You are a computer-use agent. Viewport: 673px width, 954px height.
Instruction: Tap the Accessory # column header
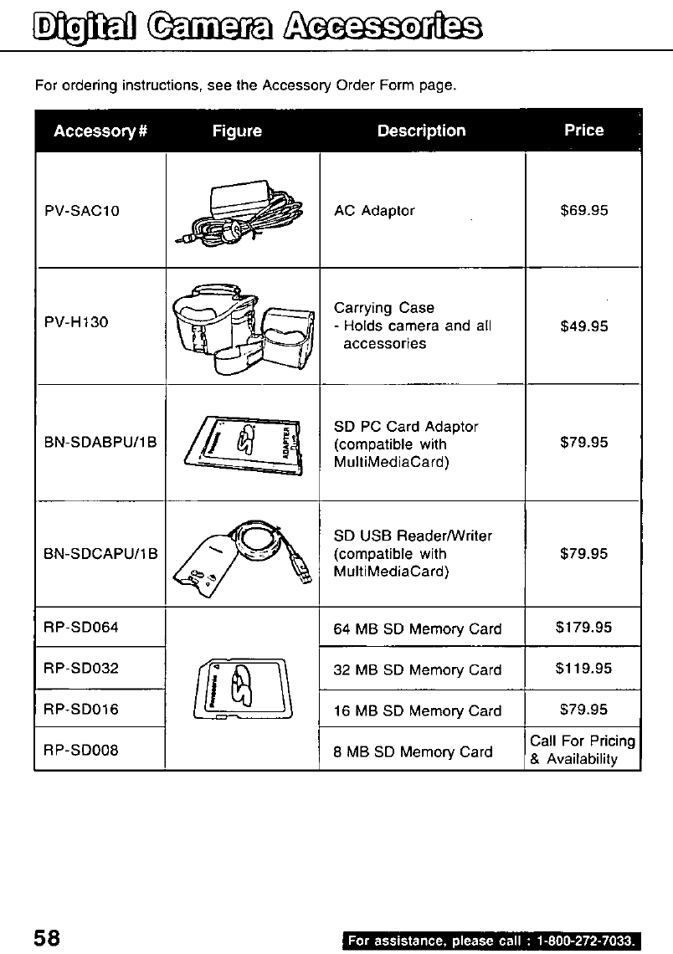tap(100, 131)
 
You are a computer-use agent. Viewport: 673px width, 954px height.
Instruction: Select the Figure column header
tap(237, 131)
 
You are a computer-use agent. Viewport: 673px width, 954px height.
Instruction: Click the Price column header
tap(583, 130)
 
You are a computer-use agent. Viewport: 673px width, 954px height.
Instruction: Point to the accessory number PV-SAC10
tap(81, 211)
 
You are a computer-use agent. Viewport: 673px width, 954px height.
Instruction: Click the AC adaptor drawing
tap(238, 213)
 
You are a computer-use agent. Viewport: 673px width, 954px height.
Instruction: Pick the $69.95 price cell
tap(583, 211)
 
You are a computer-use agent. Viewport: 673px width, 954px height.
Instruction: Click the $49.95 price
tap(583, 326)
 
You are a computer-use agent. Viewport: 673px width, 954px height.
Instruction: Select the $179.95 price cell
tap(583, 627)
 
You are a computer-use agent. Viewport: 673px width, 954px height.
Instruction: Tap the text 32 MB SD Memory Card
tap(418, 670)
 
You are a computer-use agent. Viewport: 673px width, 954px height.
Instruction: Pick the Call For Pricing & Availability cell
tap(583, 750)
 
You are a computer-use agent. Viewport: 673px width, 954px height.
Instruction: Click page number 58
tap(48, 936)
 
